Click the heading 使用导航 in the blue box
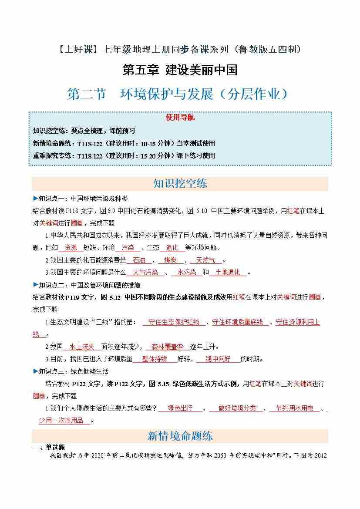tap(180, 118)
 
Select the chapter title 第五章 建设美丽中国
tap(180, 70)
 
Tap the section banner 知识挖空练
tap(180, 183)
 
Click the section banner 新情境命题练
tap(180, 436)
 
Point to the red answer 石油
tap(139, 260)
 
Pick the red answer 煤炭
tap(170, 260)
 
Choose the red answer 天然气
tap(205, 260)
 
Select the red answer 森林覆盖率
tap(168, 347)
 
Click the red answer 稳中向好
tap(218, 359)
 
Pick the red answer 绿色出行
tap(180, 408)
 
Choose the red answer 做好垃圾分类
tap(237, 408)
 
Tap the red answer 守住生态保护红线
tap(174, 322)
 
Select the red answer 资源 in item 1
tap(71, 247)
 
